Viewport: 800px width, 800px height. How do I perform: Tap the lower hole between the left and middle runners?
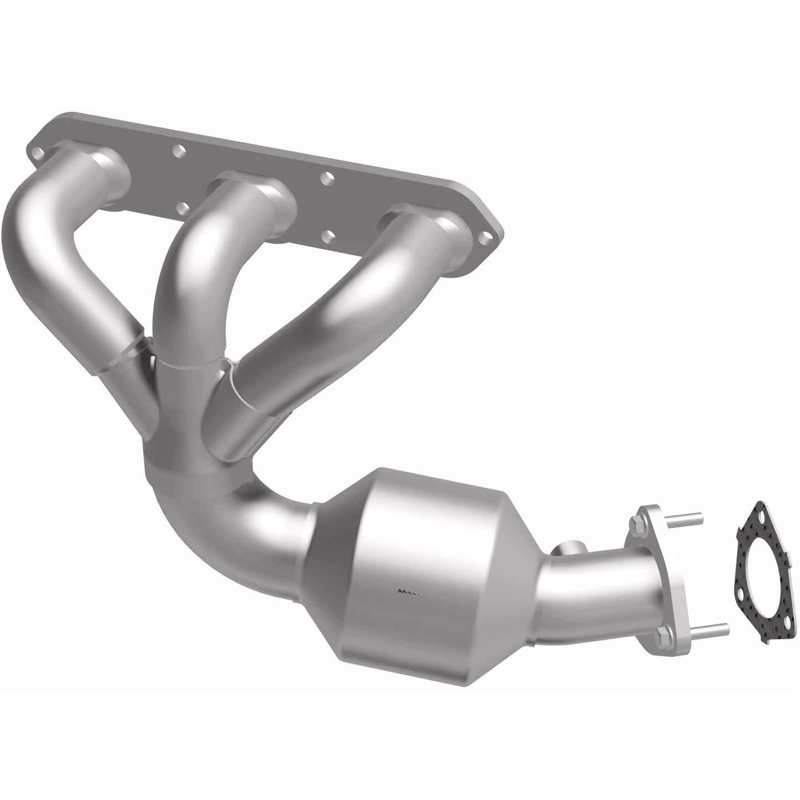click(x=182, y=208)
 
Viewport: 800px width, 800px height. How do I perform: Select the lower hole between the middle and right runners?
click(x=329, y=236)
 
